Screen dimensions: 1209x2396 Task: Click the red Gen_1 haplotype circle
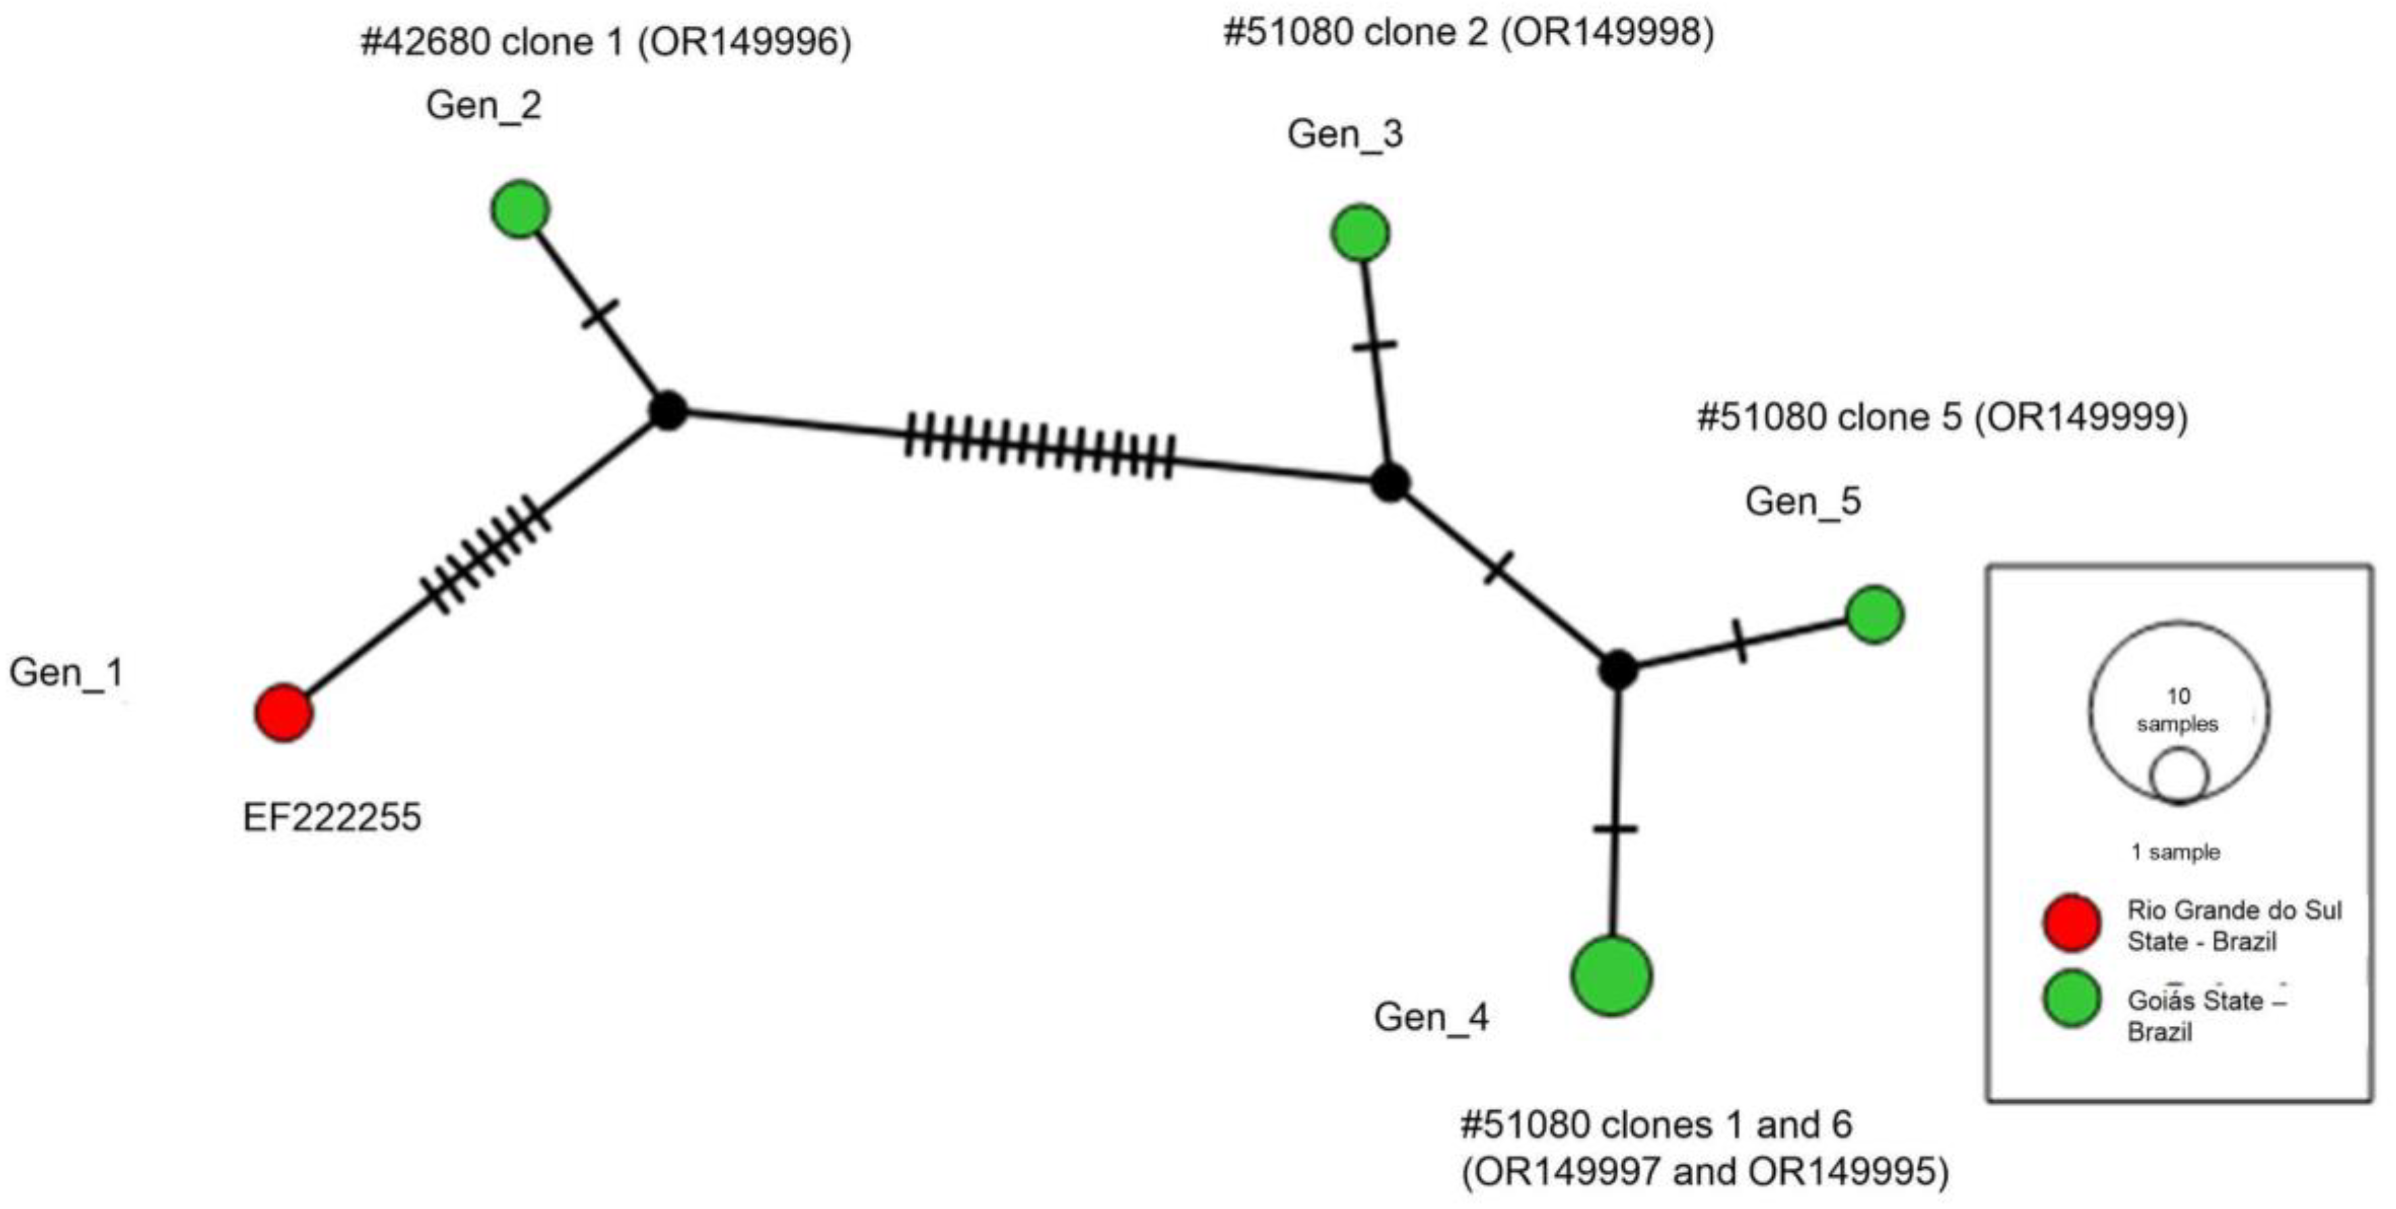point(284,714)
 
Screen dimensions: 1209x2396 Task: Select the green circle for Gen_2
point(520,209)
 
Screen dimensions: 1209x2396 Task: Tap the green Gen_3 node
point(1360,232)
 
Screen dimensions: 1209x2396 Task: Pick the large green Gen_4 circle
point(1612,976)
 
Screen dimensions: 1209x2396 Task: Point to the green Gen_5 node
point(1874,614)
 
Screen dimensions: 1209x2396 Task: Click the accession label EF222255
point(332,818)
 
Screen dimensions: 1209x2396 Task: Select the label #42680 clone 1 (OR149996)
point(606,43)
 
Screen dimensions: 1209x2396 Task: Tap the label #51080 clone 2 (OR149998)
point(1468,32)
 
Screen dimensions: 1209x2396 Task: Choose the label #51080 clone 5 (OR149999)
point(1942,417)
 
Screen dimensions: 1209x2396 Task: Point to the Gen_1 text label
point(66,672)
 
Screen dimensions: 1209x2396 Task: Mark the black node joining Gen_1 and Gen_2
point(667,410)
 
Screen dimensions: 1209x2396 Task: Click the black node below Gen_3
point(1390,483)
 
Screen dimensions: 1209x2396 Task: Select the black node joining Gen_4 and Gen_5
point(1617,668)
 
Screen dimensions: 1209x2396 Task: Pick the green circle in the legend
point(2072,999)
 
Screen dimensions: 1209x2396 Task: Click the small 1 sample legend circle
point(2178,776)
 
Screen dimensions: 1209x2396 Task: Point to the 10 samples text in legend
point(2178,710)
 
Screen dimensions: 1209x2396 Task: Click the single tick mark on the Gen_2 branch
point(600,314)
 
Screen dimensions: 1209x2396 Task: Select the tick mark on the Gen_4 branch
point(1615,829)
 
